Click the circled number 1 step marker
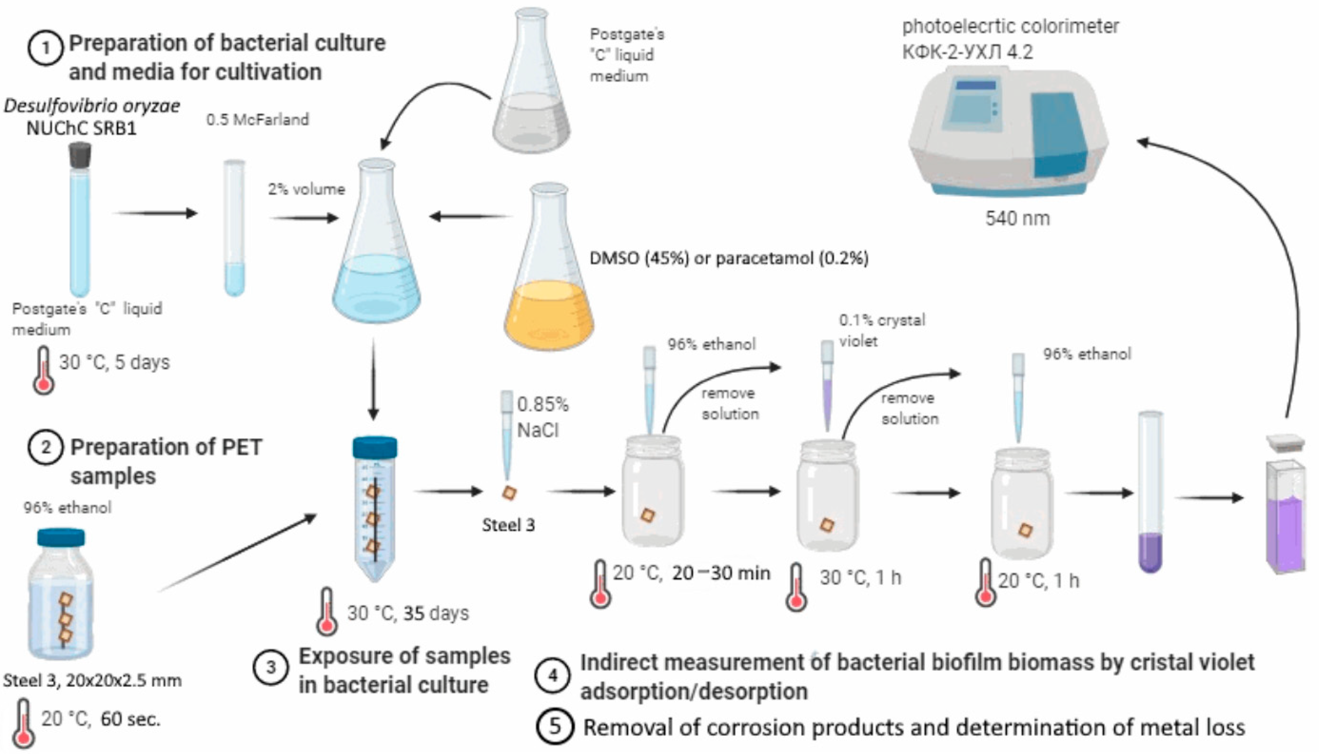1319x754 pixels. [46, 48]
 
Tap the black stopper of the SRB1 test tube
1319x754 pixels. [80, 154]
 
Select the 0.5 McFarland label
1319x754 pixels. [258, 120]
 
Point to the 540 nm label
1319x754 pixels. [1017, 218]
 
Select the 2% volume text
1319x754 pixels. [306, 189]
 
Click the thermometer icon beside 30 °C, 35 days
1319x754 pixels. [326, 612]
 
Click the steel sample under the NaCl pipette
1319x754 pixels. [509, 493]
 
